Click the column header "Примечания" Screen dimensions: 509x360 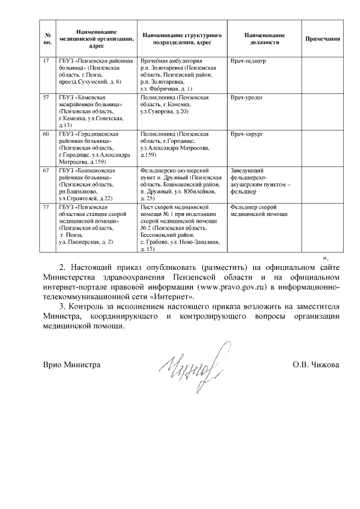[x=323, y=39]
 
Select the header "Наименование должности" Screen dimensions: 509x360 [x=265, y=39]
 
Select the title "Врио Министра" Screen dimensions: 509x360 [x=72, y=365]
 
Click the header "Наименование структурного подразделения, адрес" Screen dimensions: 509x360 [x=181, y=39]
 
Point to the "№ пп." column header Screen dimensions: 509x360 [x=47, y=39]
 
